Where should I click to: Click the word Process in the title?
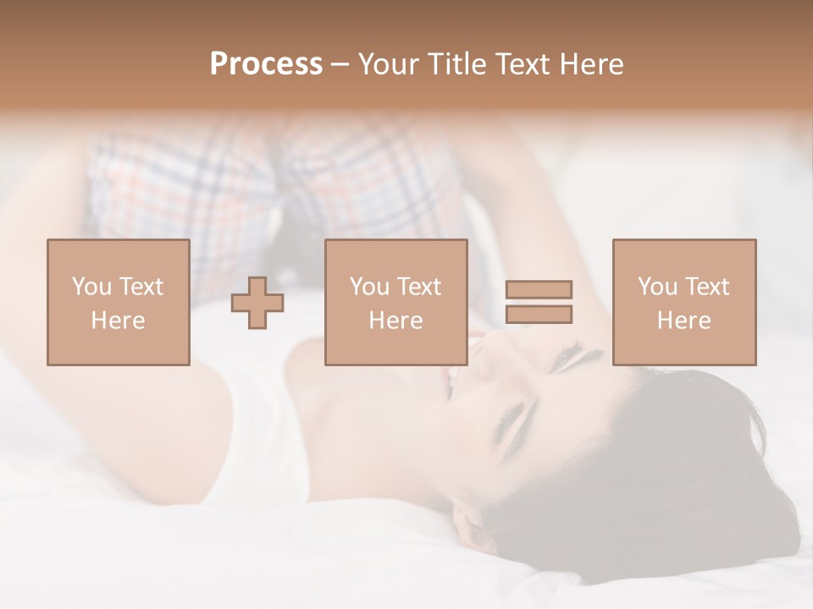click(x=266, y=64)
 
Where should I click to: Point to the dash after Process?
click(x=340, y=65)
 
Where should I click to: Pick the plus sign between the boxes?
click(x=257, y=302)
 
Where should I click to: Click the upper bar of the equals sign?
click(x=539, y=289)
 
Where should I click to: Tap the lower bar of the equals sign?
click(x=539, y=314)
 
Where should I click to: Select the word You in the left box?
click(x=91, y=287)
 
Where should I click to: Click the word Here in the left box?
click(x=118, y=321)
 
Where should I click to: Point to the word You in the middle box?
click(x=369, y=287)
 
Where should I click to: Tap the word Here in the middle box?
click(x=395, y=321)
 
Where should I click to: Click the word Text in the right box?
click(x=706, y=287)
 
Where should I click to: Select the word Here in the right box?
click(x=683, y=321)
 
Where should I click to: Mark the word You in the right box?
click(x=657, y=287)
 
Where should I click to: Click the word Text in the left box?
click(x=141, y=287)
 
